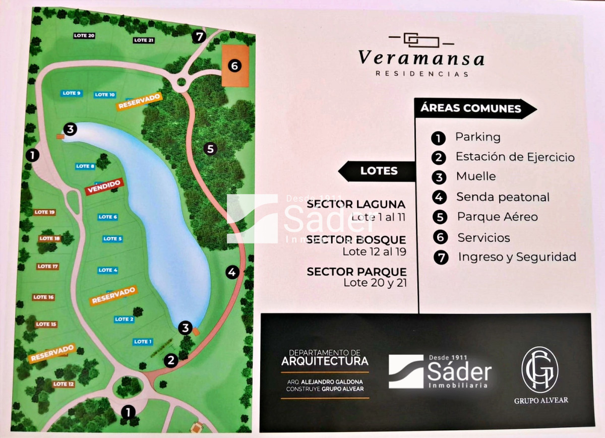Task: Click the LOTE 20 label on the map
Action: coord(84,36)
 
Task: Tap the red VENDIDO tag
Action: coord(103,186)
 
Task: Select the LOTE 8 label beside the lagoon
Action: coord(85,166)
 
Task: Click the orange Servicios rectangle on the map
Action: coord(235,66)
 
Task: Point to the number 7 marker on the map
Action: coord(199,37)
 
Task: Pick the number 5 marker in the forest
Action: coord(211,149)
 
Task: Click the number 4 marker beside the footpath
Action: coord(232,273)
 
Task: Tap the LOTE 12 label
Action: coord(64,385)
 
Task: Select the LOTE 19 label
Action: coord(44,212)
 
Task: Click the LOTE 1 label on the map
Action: coord(143,342)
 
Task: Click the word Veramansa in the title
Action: coord(421,57)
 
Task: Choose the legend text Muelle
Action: coord(475,176)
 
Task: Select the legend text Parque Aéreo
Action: coord(497,217)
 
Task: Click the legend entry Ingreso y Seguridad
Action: coord(517,257)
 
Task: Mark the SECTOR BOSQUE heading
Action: coord(356,240)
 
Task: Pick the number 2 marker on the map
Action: coord(171,360)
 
